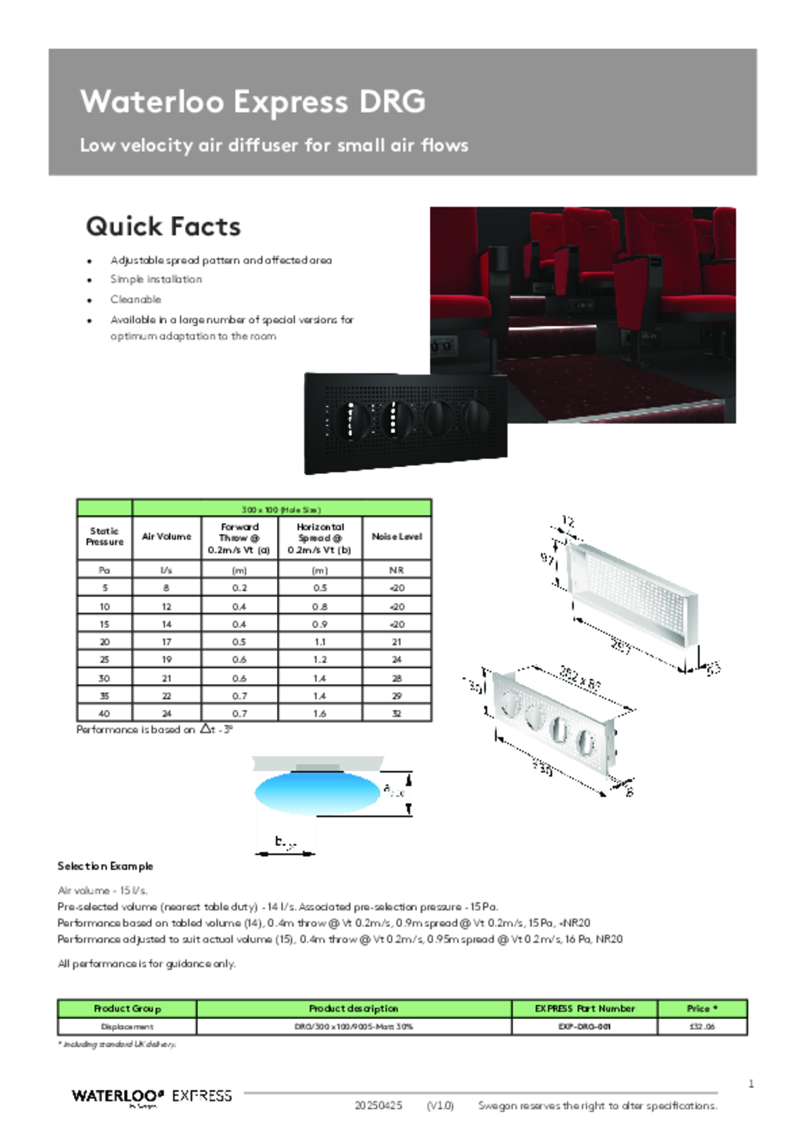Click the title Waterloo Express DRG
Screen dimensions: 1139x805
pos(253,102)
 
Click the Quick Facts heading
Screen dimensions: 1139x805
pos(163,226)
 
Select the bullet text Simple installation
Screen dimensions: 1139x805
pos(156,279)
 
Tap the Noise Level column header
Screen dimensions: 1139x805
pos(396,537)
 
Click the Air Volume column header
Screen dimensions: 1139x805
pos(167,537)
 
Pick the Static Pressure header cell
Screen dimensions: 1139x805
pos(105,537)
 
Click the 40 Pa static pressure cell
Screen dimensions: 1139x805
pos(104,713)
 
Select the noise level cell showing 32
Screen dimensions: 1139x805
pos(396,713)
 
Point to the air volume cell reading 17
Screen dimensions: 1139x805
pos(167,642)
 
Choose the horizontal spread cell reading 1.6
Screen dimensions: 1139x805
pos(319,713)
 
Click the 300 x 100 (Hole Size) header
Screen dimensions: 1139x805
pos(281,510)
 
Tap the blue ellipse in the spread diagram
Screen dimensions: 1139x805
pos(317,791)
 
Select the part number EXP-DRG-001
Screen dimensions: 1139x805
pos(584,1026)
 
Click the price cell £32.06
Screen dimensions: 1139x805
pos(702,1026)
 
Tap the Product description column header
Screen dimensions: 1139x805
pos(353,1009)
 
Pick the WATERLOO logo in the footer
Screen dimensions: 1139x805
pos(118,1096)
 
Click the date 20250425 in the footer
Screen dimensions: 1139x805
pos(378,1105)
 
